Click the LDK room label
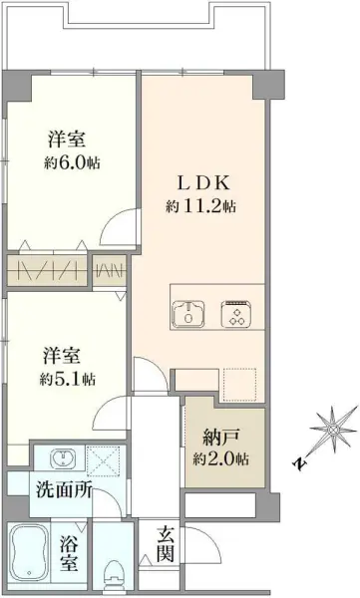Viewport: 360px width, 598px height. pyautogui.click(x=204, y=184)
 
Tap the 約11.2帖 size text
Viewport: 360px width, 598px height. pyautogui.click(x=201, y=206)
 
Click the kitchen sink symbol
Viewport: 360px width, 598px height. pyautogui.click(x=189, y=312)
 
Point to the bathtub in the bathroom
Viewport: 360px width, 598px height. pyautogui.click(x=30, y=559)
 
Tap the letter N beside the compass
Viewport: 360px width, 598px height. pyautogui.click(x=298, y=462)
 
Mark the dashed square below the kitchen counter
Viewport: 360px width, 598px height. pyautogui.click(x=238, y=383)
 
